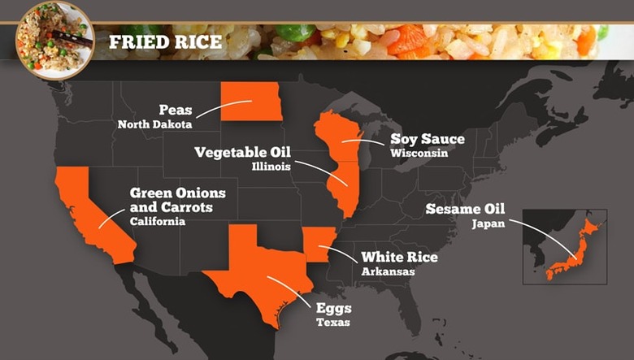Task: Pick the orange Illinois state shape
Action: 345,189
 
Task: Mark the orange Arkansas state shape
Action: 318,248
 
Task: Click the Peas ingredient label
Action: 175,110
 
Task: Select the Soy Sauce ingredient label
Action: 428,139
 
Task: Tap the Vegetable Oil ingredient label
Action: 242,152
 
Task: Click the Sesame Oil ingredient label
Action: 465,209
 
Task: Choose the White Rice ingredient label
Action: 399,258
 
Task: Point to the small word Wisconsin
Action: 419,153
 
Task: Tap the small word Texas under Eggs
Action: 333,323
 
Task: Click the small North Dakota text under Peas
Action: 155,124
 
